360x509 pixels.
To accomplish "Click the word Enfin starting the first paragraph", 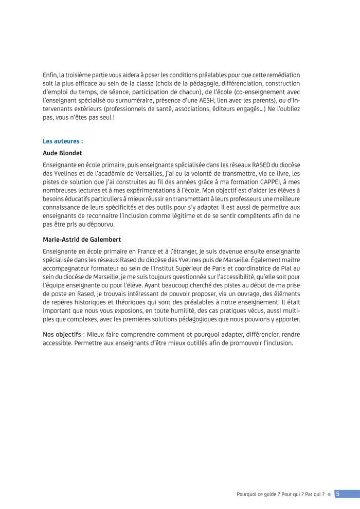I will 50,75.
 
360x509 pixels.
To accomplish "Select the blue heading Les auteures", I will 63,140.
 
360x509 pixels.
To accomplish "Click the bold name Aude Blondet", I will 62,153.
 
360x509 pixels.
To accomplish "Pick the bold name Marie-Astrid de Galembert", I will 82,239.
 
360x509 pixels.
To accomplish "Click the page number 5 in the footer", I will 337,494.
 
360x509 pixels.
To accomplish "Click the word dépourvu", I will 99,224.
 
